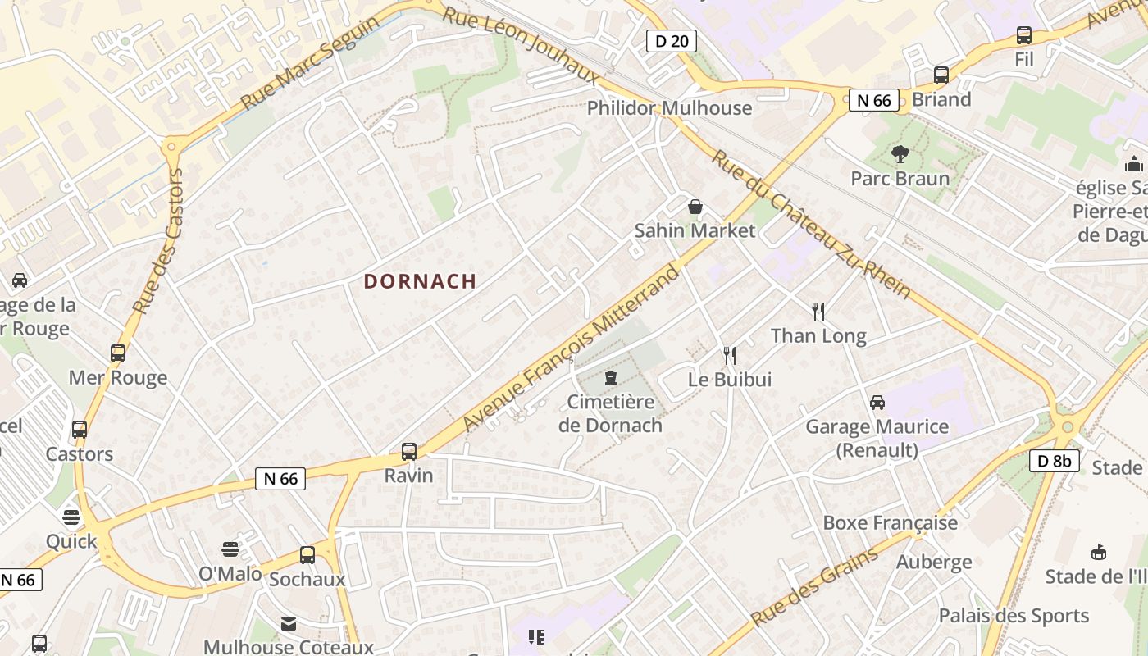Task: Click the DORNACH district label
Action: coord(420,281)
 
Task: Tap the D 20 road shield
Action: coord(672,40)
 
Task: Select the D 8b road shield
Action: coord(1054,461)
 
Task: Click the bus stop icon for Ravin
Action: coord(409,451)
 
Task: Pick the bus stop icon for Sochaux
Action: coord(307,555)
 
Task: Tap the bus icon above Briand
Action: coord(941,75)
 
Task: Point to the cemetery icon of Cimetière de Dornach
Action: coord(610,378)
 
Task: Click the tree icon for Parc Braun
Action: coord(900,153)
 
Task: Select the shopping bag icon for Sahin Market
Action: coord(695,207)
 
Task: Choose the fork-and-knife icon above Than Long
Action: coord(818,311)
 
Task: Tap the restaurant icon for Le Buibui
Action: coord(730,355)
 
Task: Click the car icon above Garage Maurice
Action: coord(877,402)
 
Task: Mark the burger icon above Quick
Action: coord(71,517)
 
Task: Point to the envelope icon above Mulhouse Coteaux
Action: coord(288,624)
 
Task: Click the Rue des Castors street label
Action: coord(158,242)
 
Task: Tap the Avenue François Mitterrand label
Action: coord(572,348)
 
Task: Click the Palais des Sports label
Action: coord(1014,616)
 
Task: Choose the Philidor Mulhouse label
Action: coord(669,107)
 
